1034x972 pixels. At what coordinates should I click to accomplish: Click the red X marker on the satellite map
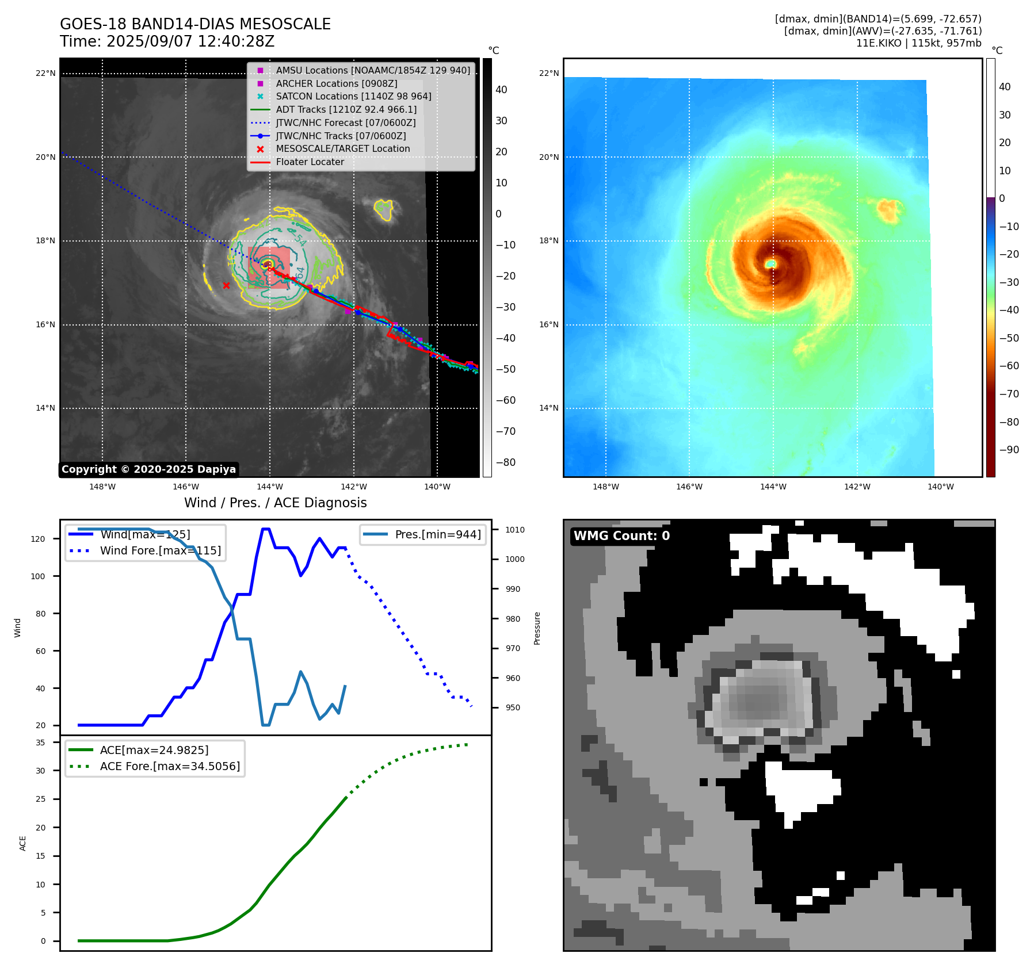[x=226, y=285]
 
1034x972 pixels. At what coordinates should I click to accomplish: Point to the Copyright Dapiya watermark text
[x=148, y=469]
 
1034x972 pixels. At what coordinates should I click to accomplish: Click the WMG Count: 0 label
[x=621, y=536]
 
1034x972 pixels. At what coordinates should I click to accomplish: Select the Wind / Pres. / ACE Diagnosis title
[x=275, y=503]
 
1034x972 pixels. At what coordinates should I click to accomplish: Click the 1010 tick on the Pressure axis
[x=515, y=530]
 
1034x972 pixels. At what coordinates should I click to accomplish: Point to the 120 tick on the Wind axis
[x=38, y=539]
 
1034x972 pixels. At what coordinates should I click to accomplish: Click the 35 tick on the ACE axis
[x=40, y=743]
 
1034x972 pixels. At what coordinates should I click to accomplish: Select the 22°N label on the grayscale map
[x=45, y=73]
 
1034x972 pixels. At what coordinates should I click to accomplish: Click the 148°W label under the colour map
[x=605, y=487]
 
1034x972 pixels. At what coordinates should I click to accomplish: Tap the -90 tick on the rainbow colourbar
[x=1009, y=450]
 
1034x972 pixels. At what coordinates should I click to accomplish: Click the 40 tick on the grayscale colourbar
[x=501, y=90]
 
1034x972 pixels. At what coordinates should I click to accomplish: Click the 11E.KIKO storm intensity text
[x=918, y=43]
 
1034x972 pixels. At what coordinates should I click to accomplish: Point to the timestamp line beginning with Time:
[x=167, y=42]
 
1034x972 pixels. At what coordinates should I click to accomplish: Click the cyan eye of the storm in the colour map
[x=770, y=263]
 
